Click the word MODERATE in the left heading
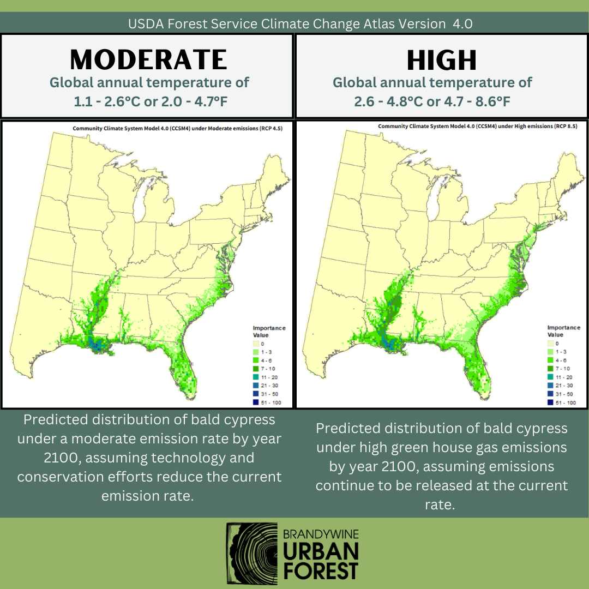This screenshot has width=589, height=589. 148,59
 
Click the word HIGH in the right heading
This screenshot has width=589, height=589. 442,60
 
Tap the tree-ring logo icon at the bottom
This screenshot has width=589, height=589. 251,553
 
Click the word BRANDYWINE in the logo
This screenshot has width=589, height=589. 321,533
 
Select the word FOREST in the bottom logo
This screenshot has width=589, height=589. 321,570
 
